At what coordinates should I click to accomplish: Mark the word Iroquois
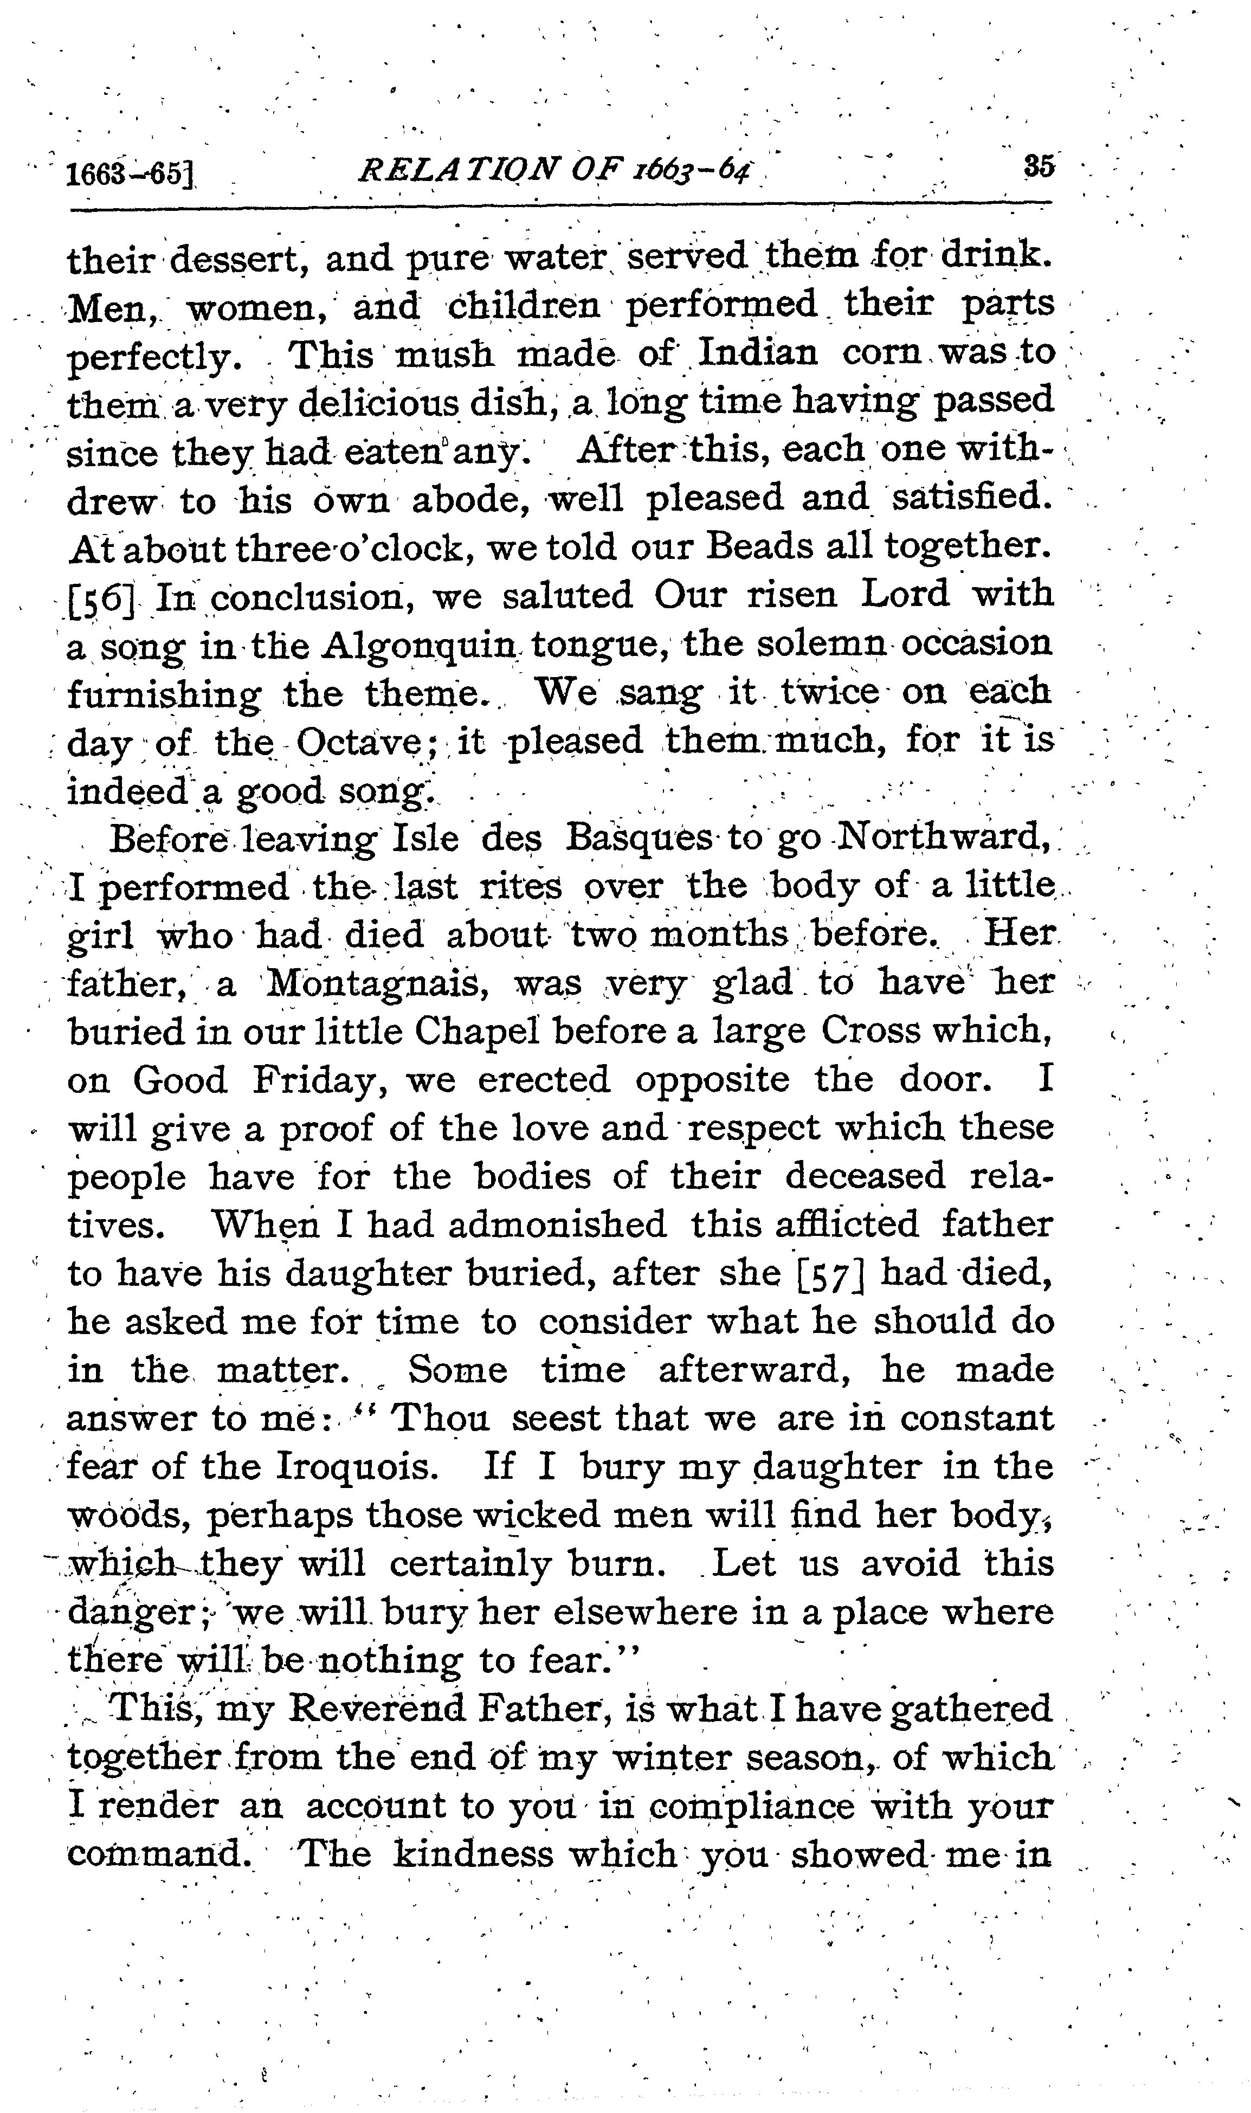point(357,1468)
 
